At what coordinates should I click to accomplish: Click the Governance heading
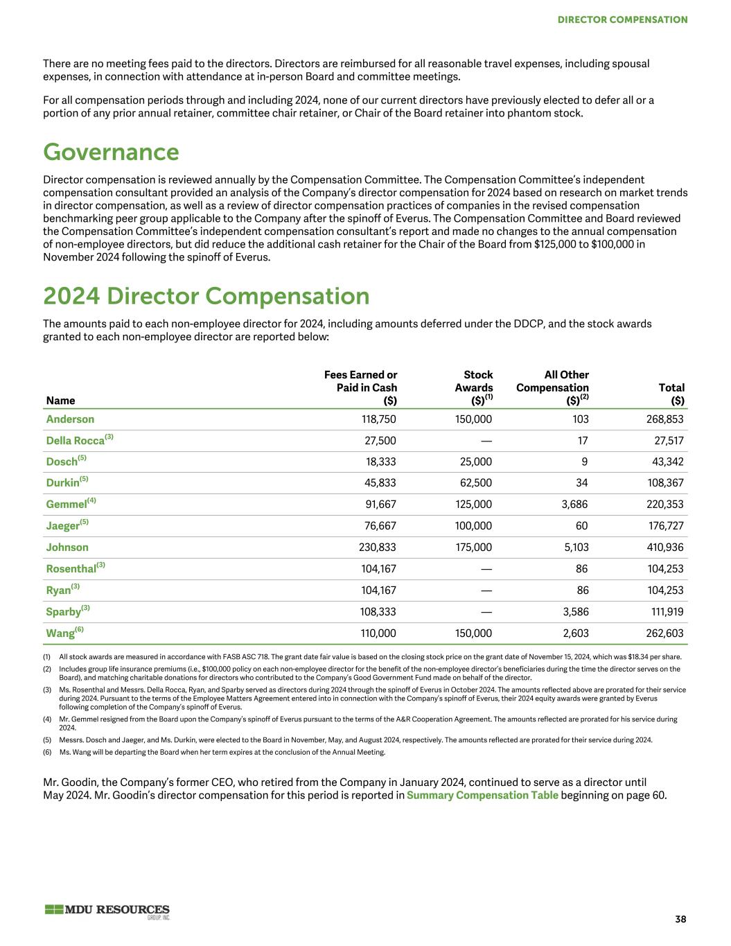pos(111,152)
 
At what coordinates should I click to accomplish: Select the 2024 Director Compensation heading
pos(206,296)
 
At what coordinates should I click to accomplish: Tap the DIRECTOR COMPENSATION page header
pos(622,19)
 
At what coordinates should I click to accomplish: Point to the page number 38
pos(680,919)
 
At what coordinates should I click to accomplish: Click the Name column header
pos(60,401)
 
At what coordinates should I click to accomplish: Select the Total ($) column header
pos(671,394)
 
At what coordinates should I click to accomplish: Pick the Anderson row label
pos(70,419)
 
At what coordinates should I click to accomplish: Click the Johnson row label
pos(67,548)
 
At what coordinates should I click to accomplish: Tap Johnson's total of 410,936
pos(665,548)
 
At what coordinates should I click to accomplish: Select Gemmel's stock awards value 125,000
pos(473,505)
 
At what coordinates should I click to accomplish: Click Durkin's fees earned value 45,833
pos(380,483)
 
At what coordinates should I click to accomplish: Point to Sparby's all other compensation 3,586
pos(576,612)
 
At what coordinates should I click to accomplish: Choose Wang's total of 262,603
pos(665,633)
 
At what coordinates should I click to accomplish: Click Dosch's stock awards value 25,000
pos(475,462)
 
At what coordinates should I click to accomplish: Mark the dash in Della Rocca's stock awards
pos(486,441)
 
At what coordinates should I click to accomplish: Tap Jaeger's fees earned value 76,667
pos(380,526)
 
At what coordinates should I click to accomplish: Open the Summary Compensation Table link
pos(482,795)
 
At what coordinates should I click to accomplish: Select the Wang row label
pos(60,633)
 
